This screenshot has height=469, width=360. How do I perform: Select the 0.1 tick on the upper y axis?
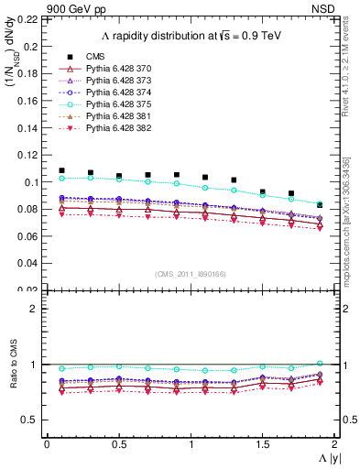click(34, 181)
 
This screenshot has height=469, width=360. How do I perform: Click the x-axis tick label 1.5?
click(263, 444)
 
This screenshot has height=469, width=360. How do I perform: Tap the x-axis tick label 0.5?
click(118, 444)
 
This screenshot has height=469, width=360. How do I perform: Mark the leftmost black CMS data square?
click(61, 170)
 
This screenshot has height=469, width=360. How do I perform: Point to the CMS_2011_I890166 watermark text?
click(190, 275)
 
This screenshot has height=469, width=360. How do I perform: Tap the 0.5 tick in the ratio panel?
click(34, 420)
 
